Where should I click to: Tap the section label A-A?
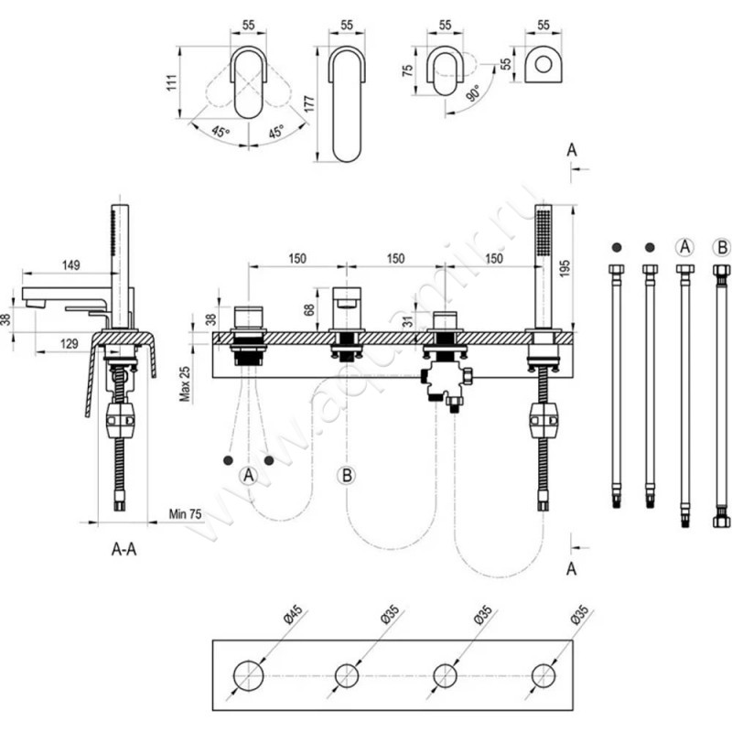point(124,549)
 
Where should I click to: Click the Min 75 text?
point(186,514)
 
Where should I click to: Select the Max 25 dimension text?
point(185,379)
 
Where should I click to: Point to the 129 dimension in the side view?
point(70,341)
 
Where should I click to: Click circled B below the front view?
point(346,476)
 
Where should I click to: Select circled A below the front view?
point(248,476)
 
